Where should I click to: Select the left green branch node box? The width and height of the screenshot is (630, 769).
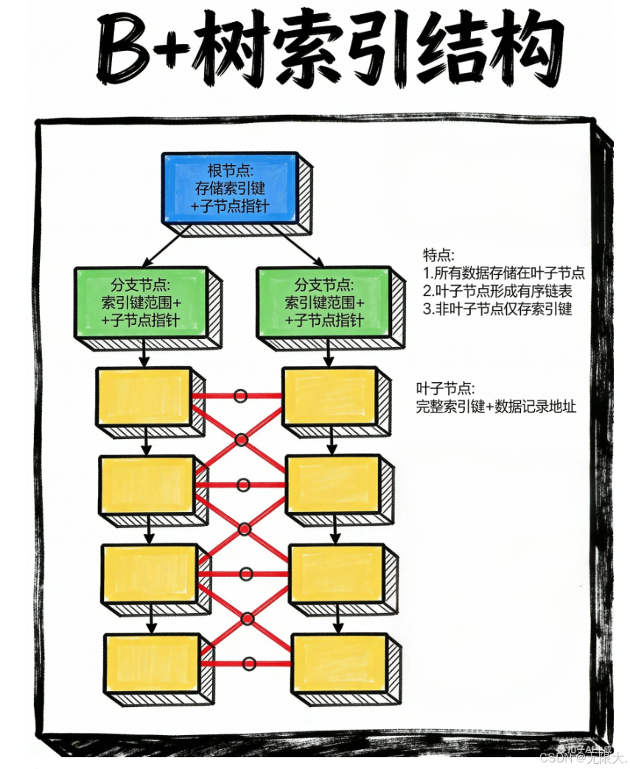click(140, 302)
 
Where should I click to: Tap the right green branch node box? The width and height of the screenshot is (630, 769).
click(323, 302)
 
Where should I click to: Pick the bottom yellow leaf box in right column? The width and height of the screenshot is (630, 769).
click(340, 663)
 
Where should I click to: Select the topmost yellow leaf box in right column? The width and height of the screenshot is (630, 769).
click(330, 396)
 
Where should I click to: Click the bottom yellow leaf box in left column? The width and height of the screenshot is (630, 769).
click(152, 663)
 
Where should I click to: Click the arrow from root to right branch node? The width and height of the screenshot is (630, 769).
click(302, 245)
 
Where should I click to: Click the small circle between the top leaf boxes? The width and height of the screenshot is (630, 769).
click(239, 396)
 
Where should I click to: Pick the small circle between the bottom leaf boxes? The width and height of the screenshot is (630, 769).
click(248, 664)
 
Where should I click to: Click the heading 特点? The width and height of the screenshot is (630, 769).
click(439, 254)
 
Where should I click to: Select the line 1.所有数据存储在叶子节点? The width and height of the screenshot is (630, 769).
click(504, 273)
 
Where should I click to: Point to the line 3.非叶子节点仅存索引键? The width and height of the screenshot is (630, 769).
click(498, 309)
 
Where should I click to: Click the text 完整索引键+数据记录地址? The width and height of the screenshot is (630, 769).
click(496, 406)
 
